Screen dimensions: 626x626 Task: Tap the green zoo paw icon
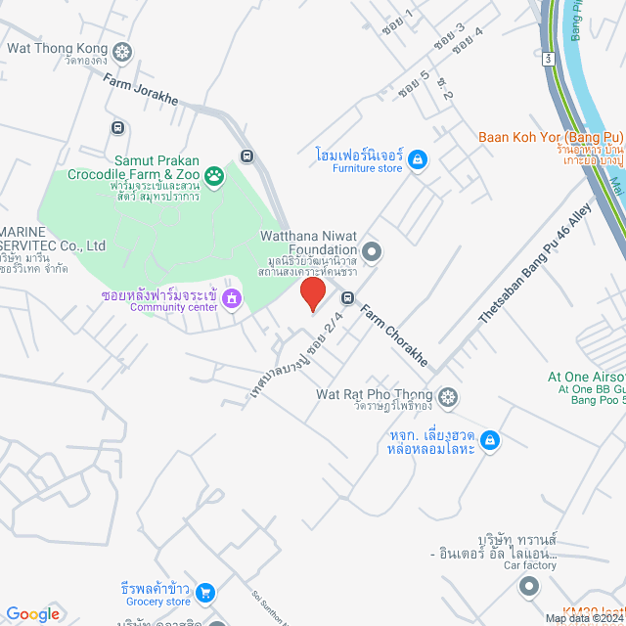(x=214, y=176)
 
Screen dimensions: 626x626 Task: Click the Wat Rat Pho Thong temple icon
(x=448, y=396)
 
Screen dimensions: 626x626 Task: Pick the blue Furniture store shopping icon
(x=418, y=158)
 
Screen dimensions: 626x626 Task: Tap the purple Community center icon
(x=232, y=297)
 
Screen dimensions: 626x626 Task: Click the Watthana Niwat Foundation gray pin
(x=372, y=250)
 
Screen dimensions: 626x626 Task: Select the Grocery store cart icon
(x=205, y=592)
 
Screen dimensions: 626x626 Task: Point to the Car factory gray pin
(x=529, y=586)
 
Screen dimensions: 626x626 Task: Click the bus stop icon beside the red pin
(x=347, y=297)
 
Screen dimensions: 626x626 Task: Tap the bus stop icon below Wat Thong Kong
(x=118, y=127)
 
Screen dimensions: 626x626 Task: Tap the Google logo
(x=32, y=613)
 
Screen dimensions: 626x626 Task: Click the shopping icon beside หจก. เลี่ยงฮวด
(x=489, y=442)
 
